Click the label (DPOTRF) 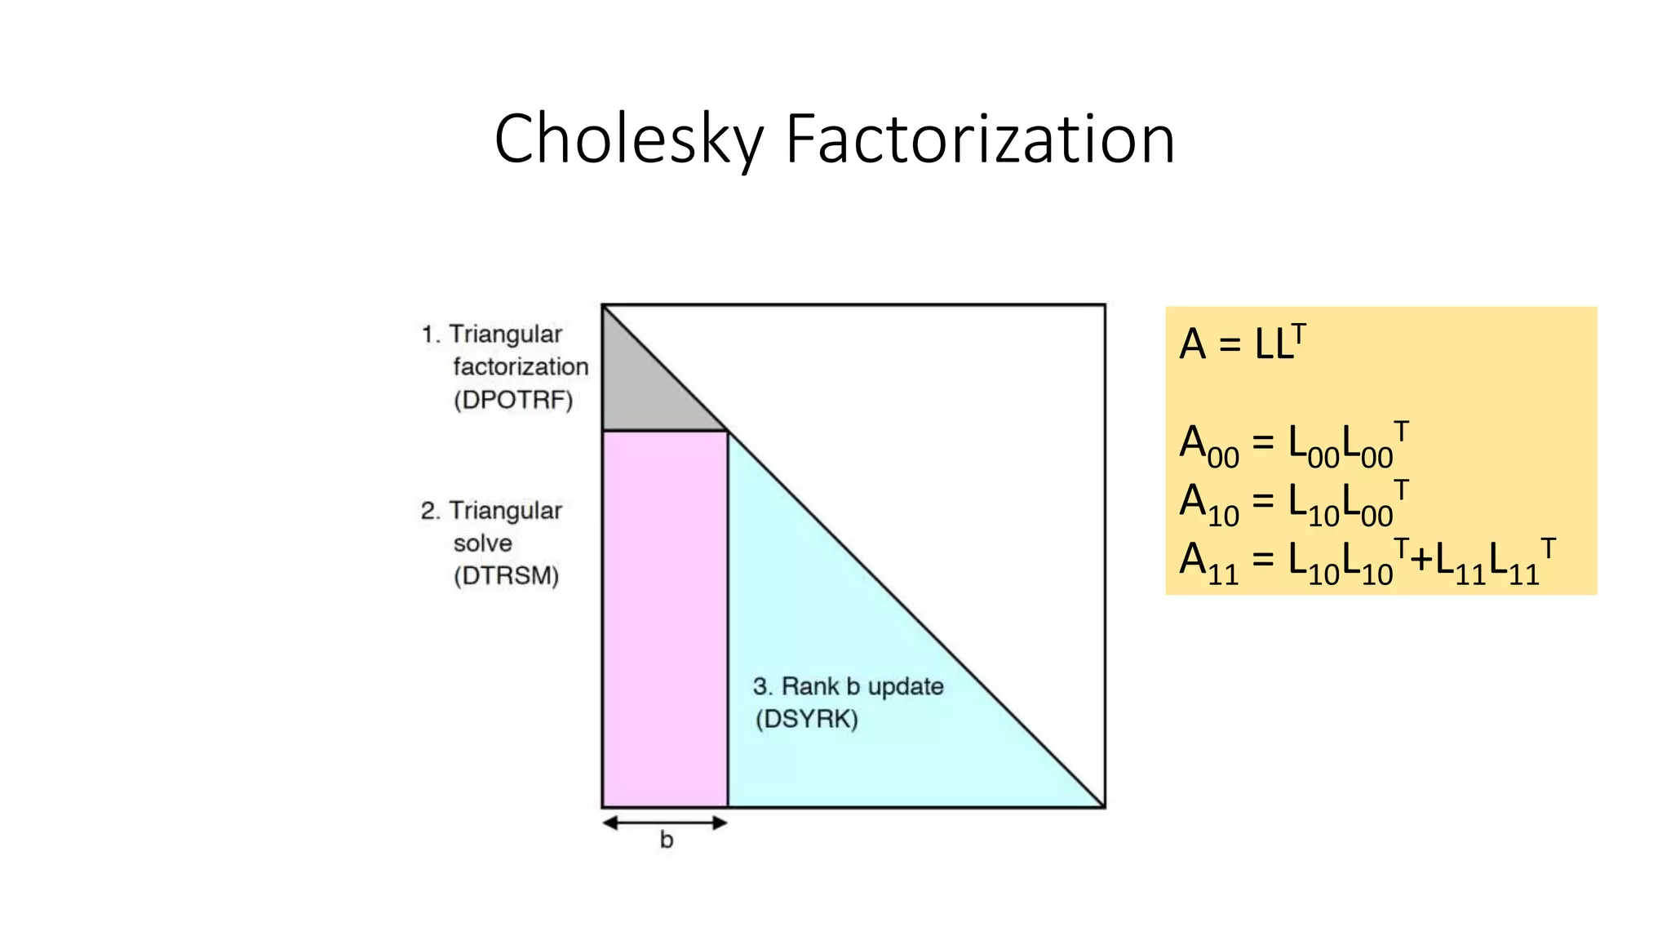point(513,400)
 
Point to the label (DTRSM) point(506,576)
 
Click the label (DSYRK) point(806,720)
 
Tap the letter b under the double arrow point(667,840)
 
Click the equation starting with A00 point(1294,446)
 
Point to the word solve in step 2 point(482,543)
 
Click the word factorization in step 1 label point(521,367)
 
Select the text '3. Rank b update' point(848,686)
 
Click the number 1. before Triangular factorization point(430,335)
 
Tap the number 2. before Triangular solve point(430,511)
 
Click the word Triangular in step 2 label point(505,511)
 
